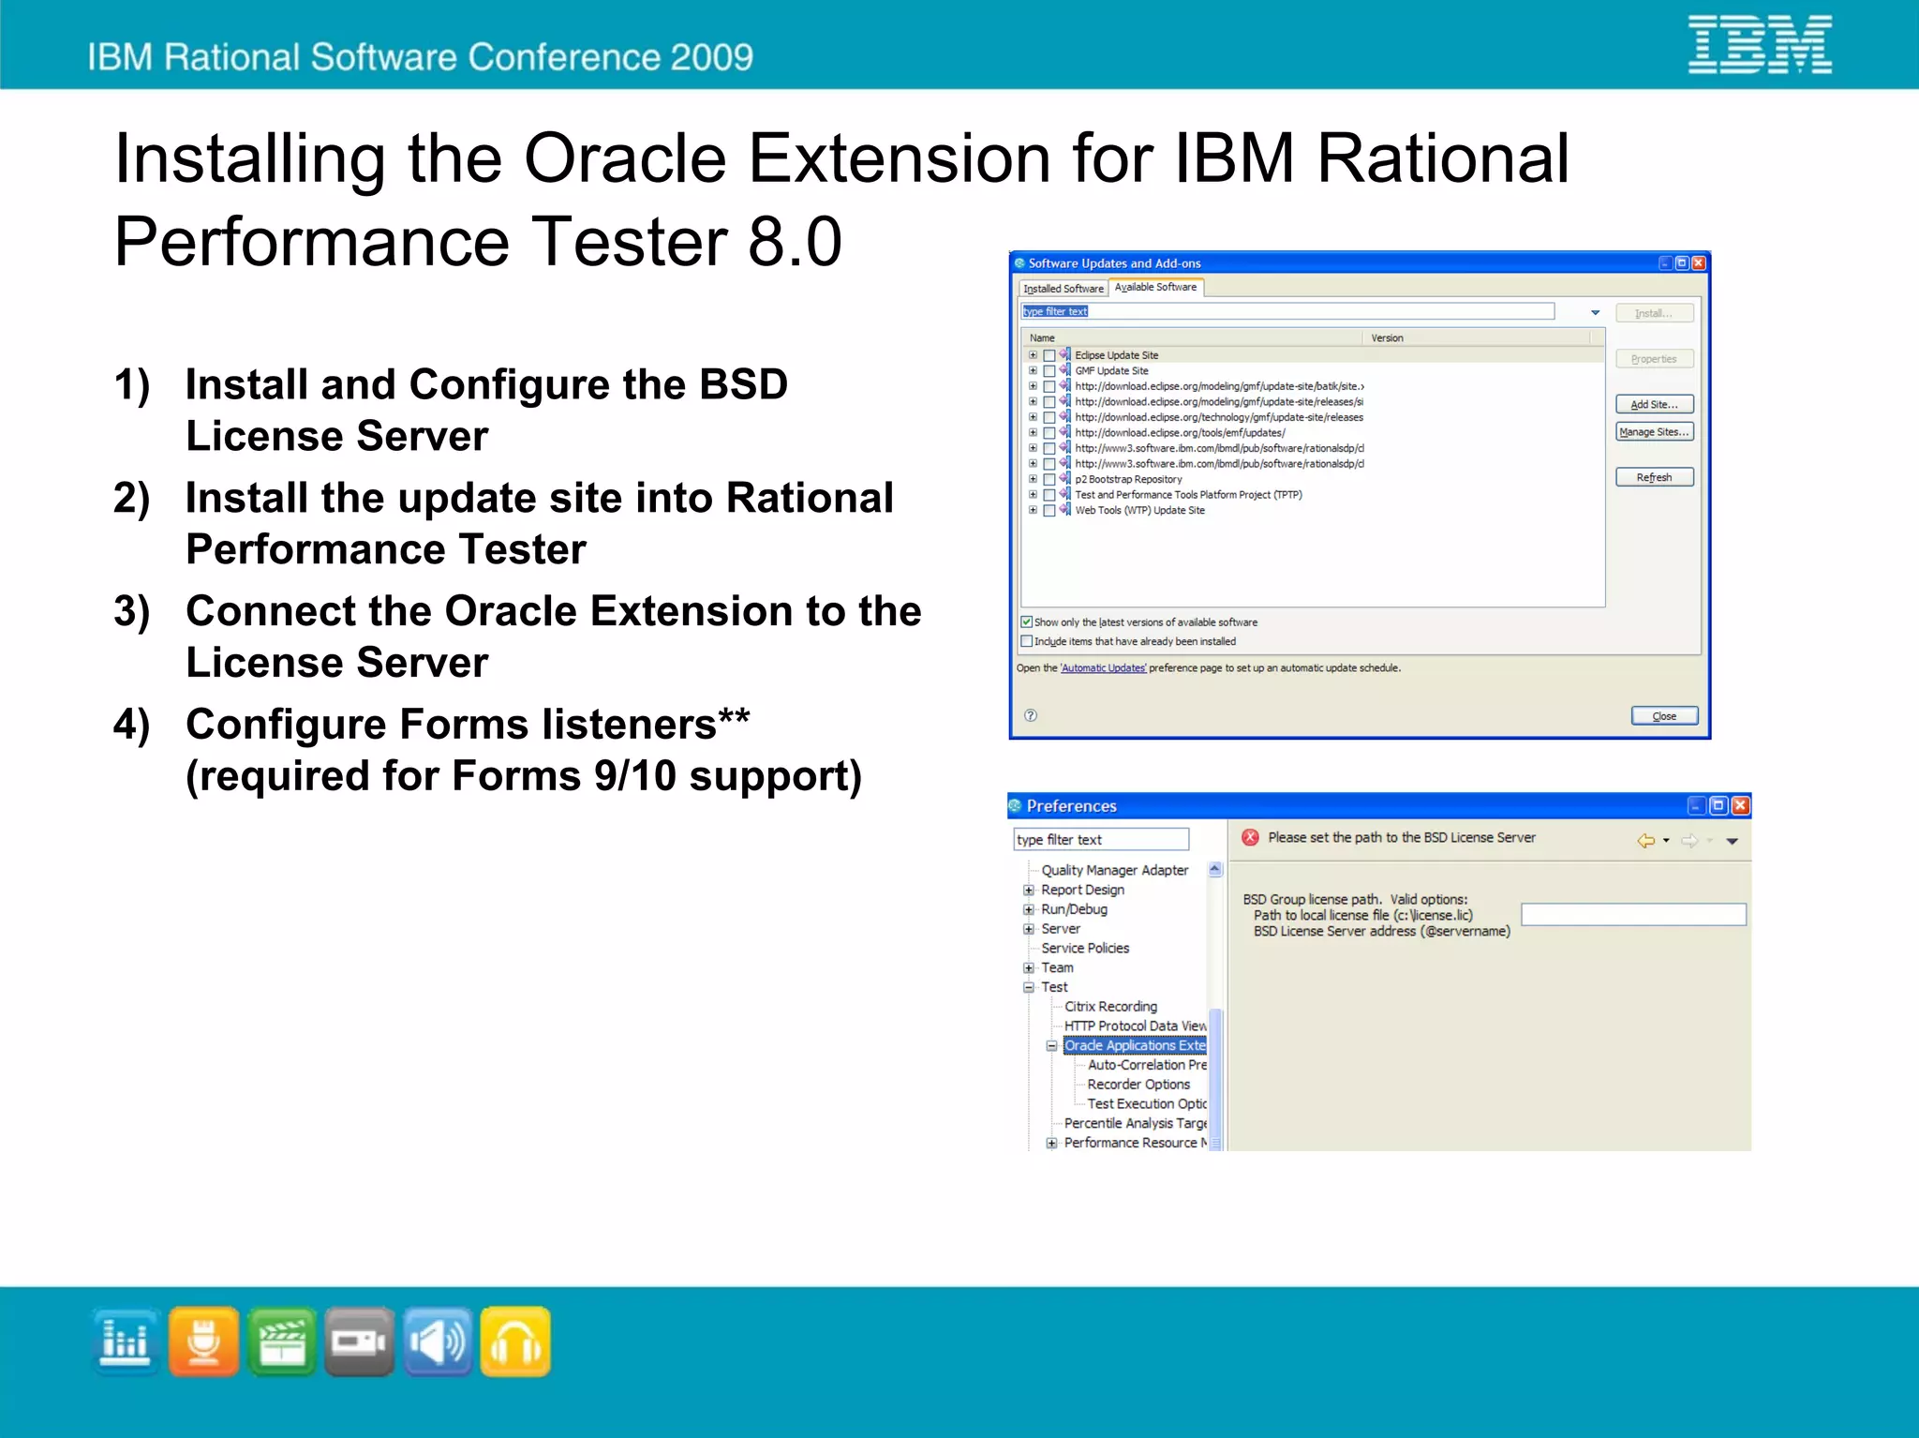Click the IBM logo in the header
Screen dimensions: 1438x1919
(1759, 45)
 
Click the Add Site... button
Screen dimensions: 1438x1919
(1654, 404)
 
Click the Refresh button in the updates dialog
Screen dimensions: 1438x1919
(1654, 477)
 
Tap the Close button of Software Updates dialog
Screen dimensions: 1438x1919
(1663, 716)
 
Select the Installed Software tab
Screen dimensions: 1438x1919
(1063, 289)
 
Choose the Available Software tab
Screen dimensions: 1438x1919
(1155, 287)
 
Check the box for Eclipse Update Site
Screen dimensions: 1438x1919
(1049, 355)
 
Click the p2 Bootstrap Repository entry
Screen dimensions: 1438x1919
(1128, 479)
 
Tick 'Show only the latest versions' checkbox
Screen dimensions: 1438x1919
(1027, 622)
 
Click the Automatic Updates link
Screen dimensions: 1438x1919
(1103, 668)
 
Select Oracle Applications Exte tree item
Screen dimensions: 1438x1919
(1134, 1045)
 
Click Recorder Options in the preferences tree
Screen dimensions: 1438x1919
(1138, 1084)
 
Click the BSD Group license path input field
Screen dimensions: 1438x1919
(1632, 915)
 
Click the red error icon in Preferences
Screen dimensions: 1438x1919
(1250, 837)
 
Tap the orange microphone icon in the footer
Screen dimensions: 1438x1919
(203, 1341)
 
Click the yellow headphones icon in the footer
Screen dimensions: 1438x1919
(515, 1341)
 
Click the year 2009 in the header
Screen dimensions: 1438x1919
(711, 57)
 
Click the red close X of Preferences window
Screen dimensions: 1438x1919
(1740, 805)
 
